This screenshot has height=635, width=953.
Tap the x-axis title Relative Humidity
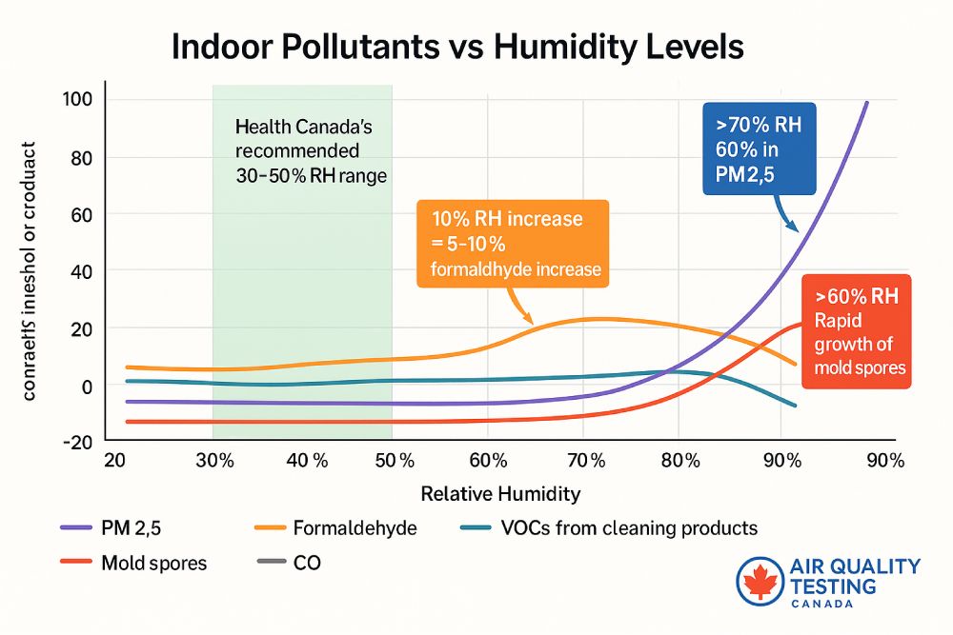coord(500,494)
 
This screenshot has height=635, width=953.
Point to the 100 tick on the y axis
coord(76,100)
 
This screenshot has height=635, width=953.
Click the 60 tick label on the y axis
coord(79,214)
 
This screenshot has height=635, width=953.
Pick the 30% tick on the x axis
coord(214,461)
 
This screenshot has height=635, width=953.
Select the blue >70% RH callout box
coord(760,149)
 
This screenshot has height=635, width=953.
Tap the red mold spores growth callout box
coord(856,331)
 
